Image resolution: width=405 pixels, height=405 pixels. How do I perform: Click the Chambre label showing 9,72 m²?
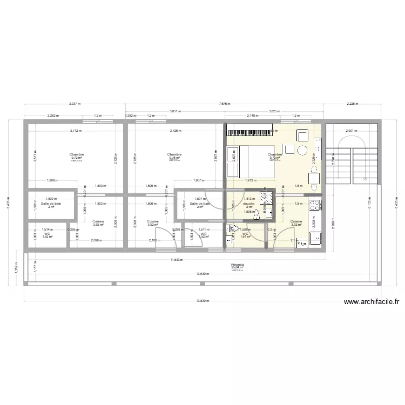click(76, 156)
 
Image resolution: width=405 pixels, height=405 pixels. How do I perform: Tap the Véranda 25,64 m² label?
click(237, 266)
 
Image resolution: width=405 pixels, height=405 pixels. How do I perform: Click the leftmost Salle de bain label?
click(51, 205)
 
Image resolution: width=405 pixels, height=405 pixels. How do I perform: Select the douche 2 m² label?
click(249, 205)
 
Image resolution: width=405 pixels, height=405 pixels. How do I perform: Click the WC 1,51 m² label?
click(245, 235)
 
